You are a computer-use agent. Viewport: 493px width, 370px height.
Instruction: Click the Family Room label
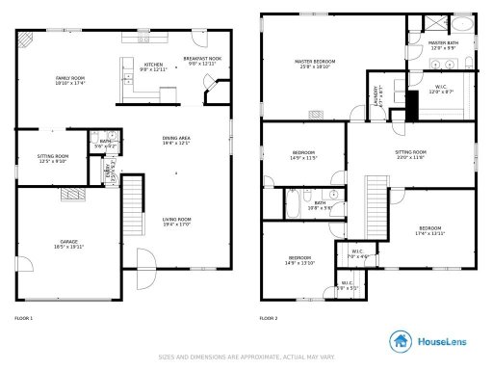tap(69, 81)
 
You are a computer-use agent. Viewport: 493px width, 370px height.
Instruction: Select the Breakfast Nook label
tap(202, 62)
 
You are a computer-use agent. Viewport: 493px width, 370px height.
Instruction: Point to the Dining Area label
tap(177, 141)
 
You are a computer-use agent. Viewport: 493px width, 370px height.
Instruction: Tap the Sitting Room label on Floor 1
tap(53, 158)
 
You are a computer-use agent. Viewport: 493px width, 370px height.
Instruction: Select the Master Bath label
tap(443, 45)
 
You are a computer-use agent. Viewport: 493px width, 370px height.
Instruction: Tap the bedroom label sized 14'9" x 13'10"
tap(299, 260)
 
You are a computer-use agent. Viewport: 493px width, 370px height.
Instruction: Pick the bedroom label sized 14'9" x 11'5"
tap(304, 155)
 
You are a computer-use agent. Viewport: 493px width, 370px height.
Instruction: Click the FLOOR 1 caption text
tap(24, 318)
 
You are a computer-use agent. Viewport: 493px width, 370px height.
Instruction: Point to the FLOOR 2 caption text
tap(269, 318)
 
